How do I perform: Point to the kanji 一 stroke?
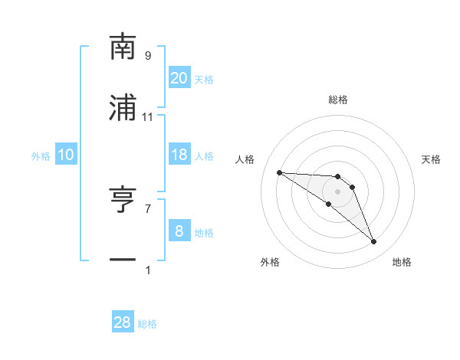point(123,261)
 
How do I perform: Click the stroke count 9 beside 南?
point(148,56)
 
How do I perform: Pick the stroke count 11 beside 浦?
point(148,117)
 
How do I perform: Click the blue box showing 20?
point(179,78)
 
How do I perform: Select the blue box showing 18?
point(179,155)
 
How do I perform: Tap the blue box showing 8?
point(179,231)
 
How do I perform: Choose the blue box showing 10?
point(66,155)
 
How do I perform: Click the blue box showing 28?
point(123,322)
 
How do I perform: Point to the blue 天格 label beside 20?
point(204,80)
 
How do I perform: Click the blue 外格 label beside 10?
point(41,156)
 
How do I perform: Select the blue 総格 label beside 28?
point(147,324)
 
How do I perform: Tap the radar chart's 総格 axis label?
point(338,100)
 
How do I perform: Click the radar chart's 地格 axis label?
point(402,262)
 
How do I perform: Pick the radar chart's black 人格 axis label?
point(245,159)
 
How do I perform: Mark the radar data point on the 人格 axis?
point(279,172)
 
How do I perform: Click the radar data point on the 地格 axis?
point(374,242)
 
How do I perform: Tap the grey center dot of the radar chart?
point(338,191)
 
